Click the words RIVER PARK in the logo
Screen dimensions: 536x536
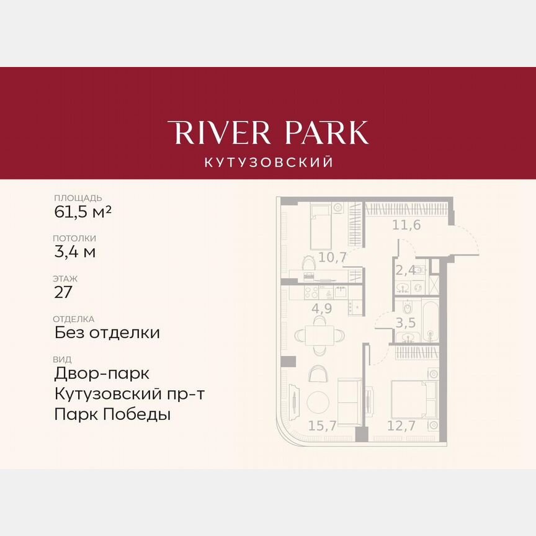[x=268, y=133]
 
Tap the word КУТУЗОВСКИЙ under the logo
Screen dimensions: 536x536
[x=268, y=163]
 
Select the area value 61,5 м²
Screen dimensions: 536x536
[x=83, y=213]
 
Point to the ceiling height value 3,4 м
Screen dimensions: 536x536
[x=74, y=252]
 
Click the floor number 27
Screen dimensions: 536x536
[x=63, y=292]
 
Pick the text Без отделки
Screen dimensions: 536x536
[x=107, y=333]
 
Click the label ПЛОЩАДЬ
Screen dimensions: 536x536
[x=78, y=198]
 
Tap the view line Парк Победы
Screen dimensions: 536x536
[x=112, y=414]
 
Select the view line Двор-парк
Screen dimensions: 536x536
[x=102, y=373]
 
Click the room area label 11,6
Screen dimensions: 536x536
[x=406, y=225]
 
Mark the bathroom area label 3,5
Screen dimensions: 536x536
[x=408, y=321]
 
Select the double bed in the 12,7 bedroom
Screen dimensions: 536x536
[x=412, y=398]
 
